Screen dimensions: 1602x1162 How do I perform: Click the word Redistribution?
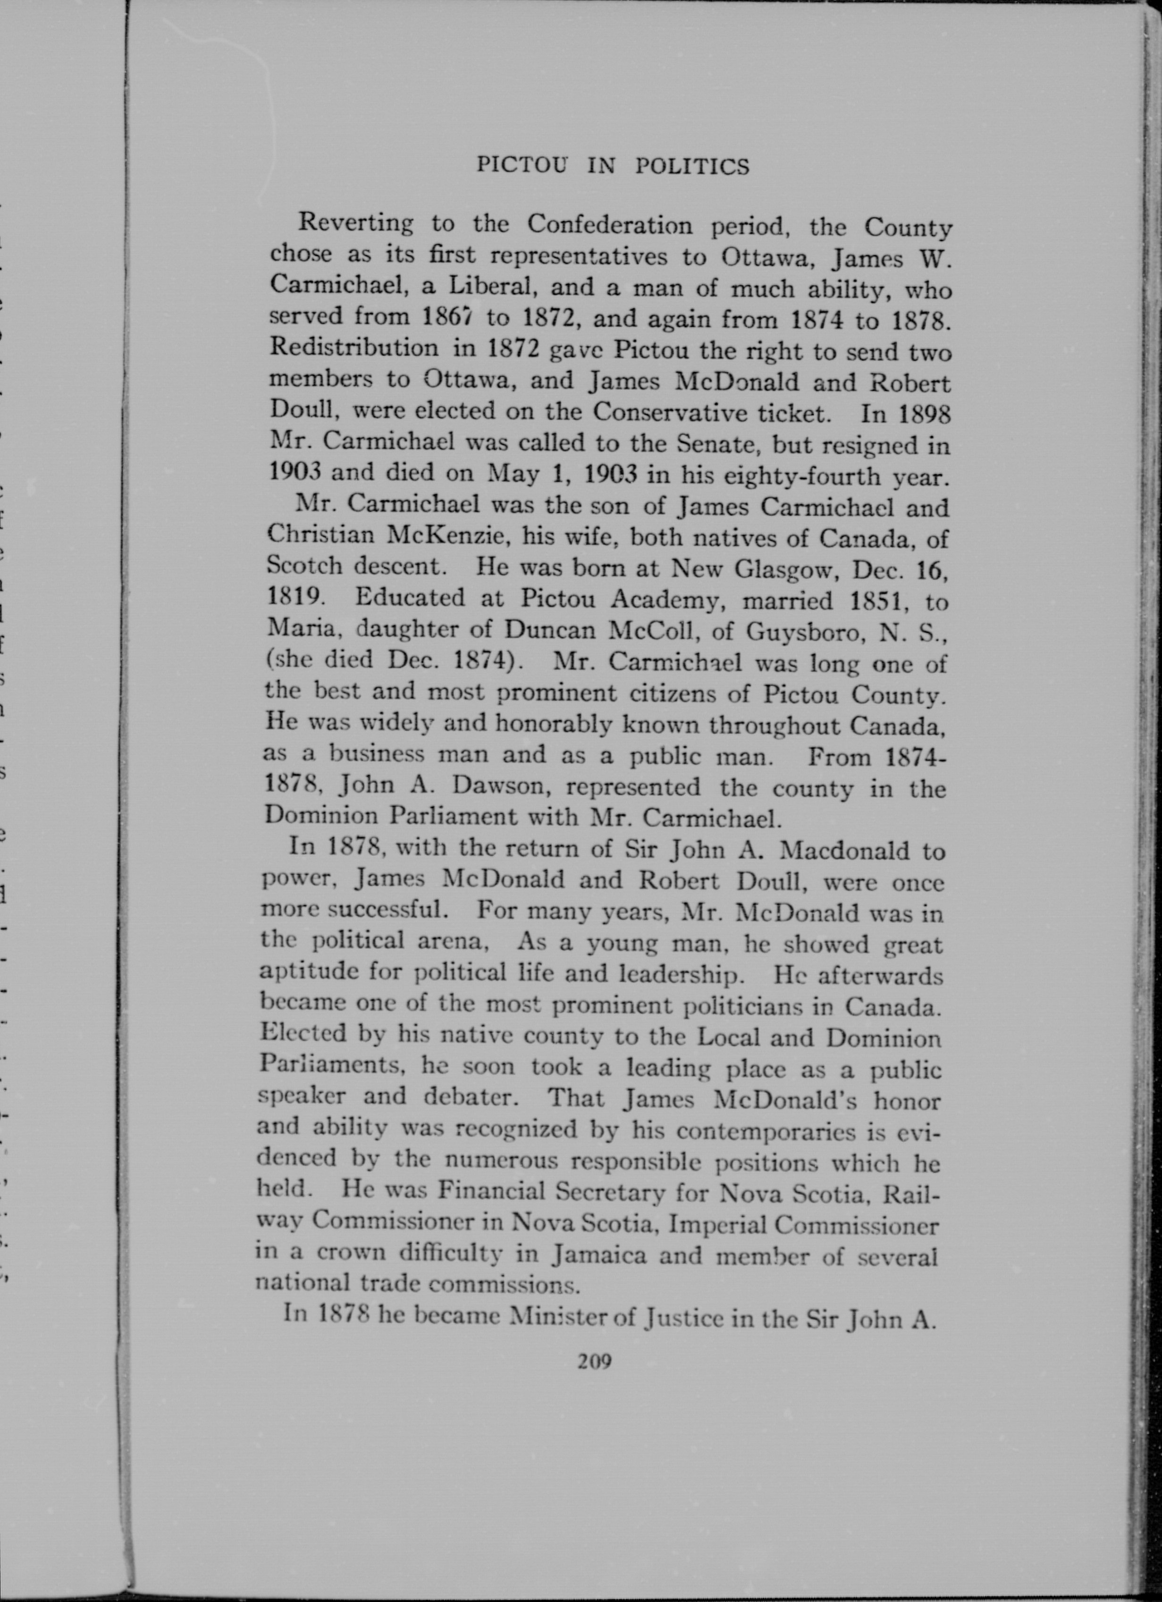[x=354, y=348]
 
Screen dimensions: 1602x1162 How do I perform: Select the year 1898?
[x=925, y=414]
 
